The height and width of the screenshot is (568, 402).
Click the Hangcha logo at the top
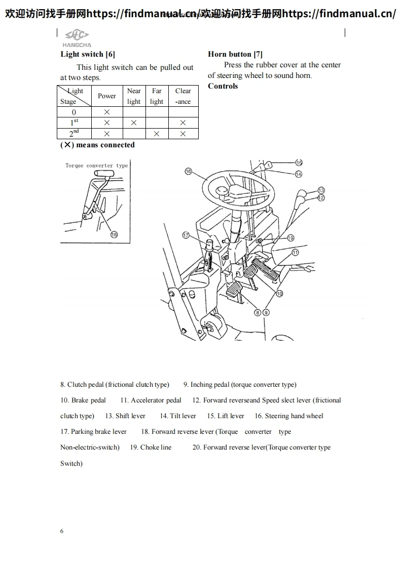pyautogui.click(x=77, y=37)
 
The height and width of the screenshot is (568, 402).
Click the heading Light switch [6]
pyautogui.click(x=88, y=54)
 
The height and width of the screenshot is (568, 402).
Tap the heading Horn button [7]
pyautogui.click(x=235, y=54)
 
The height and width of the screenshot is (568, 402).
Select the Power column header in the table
pyautogui.click(x=107, y=96)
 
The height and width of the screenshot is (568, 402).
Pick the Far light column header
pyautogui.click(x=157, y=96)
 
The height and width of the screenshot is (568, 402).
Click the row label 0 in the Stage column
pyautogui.click(x=74, y=112)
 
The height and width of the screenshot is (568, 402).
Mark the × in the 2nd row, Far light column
pyautogui.click(x=157, y=134)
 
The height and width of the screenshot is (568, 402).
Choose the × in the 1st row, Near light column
pyautogui.click(x=134, y=123)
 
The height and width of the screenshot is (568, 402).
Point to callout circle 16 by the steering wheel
pyautogui.click(x=189, y=172)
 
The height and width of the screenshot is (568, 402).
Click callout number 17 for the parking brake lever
pyautogui.click(x=186, y=235)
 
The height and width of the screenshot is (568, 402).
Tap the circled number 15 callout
pyautogui.click(x=299, y=163)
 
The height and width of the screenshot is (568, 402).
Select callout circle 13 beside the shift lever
pyautogui.click(x=321, y=190)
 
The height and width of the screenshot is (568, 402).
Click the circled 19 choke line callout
pyautogui.click(x=290, y=237)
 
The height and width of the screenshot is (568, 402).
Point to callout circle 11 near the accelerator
pyautogui.click(x=295, y=252)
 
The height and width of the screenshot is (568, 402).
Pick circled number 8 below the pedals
pyautogui.click(x=258, y=312)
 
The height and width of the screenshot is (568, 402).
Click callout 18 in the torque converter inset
pyautogui.click(x=114, y=234)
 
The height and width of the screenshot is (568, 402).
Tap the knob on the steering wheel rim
pyautogui.click(x=222, y=191)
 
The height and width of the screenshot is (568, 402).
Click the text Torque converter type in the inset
pyautogui.click(x=96, y=166)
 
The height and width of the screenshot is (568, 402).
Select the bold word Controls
pyautogui.click(x=223, y=86)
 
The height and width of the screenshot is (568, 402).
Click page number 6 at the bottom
pyautogui.click(x=62, y=531)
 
